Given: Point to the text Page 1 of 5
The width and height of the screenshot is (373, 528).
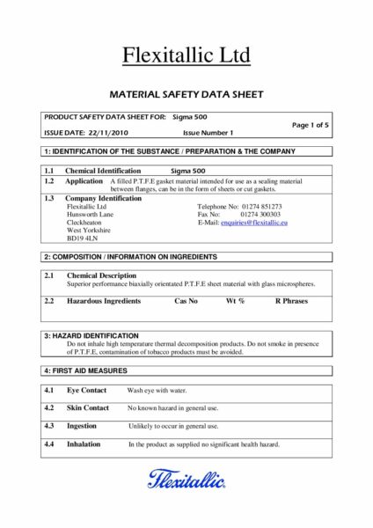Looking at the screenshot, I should [x=309, y=124].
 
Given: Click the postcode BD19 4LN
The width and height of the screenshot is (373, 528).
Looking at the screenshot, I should [x=80, y=238].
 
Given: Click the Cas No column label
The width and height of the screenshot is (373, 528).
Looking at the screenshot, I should [x=186, y=301].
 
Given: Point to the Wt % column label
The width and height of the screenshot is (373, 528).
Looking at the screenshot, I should [x=236, y=301].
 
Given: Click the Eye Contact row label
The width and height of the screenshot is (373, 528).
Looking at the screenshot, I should [x=87, y=390].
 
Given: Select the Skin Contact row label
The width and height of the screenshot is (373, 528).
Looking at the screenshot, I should [x=88, y=408].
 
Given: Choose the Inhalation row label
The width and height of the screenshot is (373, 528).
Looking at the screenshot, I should [x=84, y=444].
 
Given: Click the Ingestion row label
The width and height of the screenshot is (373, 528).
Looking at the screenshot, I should [x=82, y=426].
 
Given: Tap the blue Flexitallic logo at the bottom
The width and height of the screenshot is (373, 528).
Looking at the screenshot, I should [x=186, y=480].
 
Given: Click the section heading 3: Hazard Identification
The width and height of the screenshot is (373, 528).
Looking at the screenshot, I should [x=91, y=335].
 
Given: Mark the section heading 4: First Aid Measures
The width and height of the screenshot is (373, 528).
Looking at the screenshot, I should [x=85, y=370].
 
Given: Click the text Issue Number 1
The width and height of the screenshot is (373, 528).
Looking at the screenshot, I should [x=207, y=132].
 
